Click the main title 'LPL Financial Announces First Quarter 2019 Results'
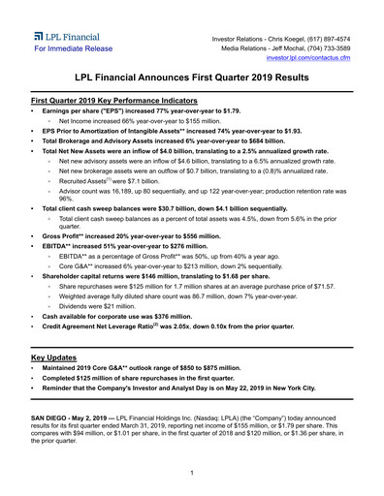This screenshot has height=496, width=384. point(192,81)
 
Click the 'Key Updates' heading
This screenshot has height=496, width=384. point(59,357)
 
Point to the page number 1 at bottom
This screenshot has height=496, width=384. point(192,472)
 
